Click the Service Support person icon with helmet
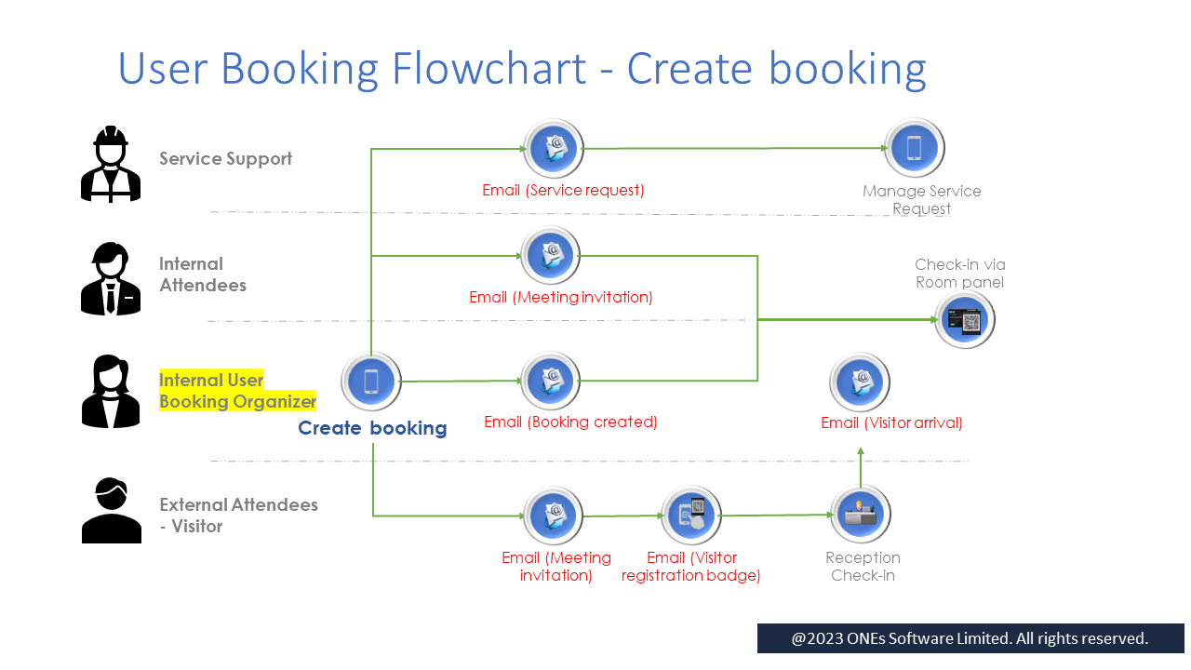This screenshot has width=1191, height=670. pyautogui.click(x=111, y=165)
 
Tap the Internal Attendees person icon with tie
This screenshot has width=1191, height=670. pyautogui.click(x=111, y=278)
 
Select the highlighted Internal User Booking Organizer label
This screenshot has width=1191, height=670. pyautogui.click(x=237, y=391)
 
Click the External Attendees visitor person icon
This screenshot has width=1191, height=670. pyautogui.click(x=111, y=510)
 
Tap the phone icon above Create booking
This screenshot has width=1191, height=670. pyautogui.click(x=371, y=382)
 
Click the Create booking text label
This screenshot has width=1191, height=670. pyautogui.click(x=372, y=428)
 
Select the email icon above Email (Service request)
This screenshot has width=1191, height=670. pyautogui.click(x=554, y=148)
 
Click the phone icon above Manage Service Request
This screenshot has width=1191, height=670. pyautogui.click(x=914, y=148)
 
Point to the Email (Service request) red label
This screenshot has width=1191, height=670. pyautogui.click(x=563, y=190)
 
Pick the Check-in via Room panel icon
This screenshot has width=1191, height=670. pyautogui.click(x=965, y=320)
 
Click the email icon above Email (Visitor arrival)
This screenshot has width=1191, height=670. pyautogui.click(x=861, y=382)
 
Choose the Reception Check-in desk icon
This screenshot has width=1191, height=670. pyautogui.click(x=861, y=515)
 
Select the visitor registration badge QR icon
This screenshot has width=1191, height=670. pyautogui.click(x=691, y=516)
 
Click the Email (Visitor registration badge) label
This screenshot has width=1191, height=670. pyautogui.click(x=691, y=567)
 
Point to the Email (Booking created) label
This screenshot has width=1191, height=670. pyautogui.click(x=570, y=422)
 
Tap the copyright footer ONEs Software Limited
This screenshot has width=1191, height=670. pyautogui.click(x=970, y=638)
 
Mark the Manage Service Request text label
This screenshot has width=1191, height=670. pyautogui.click(x=921, y=199)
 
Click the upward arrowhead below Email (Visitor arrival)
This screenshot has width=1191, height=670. pyautogui.click(x=861, y=452)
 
